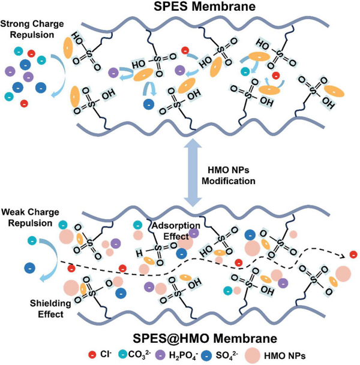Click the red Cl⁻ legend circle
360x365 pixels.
click(x=93, y=353)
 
